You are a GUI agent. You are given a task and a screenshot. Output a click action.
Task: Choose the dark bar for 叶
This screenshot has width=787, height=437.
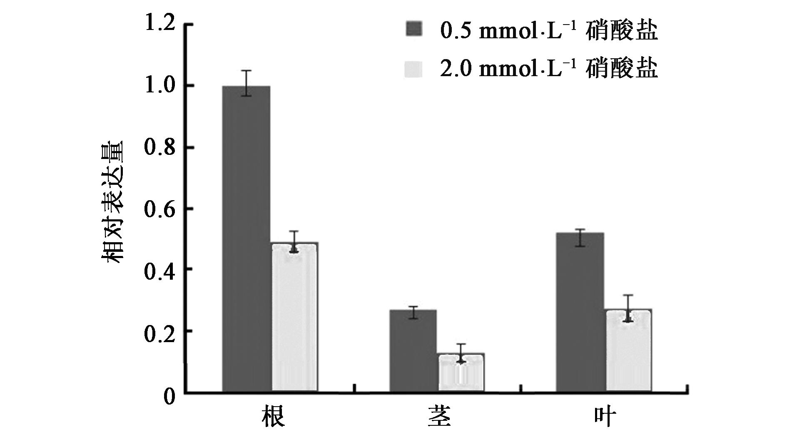click(x=580, y=312)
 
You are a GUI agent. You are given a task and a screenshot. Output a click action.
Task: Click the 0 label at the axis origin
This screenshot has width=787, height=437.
click(x=169, y=395)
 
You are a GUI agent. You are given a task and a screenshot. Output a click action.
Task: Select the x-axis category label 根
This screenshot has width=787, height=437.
click(x=273, y=417)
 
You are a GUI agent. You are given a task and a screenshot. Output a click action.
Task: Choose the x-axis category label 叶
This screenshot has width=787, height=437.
click(x=604, y=417)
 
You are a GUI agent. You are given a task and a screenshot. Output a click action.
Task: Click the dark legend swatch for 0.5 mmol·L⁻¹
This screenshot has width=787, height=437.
click(x=413, y=30)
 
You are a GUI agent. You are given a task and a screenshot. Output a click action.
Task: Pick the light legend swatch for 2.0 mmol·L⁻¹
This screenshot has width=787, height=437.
click(x=413, y=69)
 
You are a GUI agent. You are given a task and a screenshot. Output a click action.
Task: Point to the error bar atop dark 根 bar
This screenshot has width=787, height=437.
click(x=247, y=83)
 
